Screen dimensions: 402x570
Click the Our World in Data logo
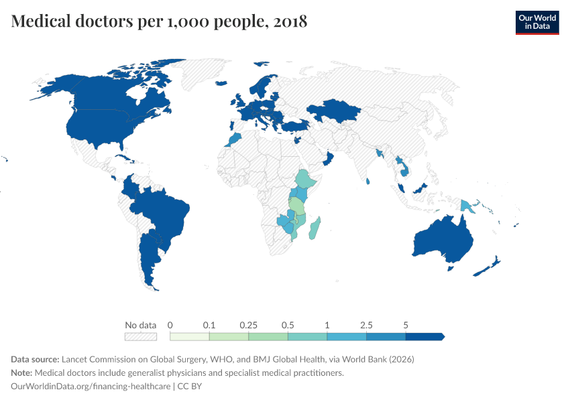coord(536,21)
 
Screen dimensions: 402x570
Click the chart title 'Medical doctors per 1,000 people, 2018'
coord(159,21)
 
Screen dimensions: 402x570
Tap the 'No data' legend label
coord(140,325)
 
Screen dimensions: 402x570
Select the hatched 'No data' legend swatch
coord(140,336)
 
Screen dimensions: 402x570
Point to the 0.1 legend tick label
coord(209,325)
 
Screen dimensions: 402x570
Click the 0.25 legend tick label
coord(249,325)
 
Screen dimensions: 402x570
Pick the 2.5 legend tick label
coord(366,325)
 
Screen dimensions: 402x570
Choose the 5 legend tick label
coord(406,325)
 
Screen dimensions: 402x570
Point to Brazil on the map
coord(164,214)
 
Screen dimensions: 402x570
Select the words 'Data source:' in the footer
coord(34,359)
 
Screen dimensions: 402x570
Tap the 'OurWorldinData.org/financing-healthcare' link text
coord(91,386)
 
